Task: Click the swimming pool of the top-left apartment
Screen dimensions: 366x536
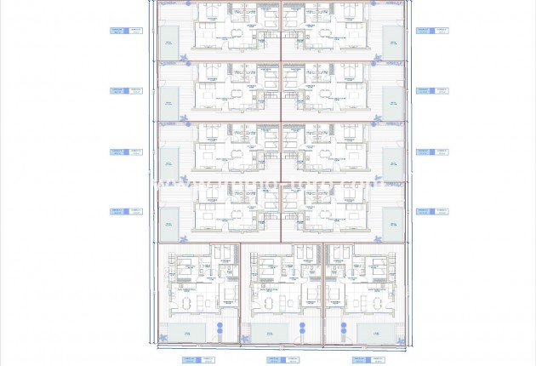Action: pos(170,43)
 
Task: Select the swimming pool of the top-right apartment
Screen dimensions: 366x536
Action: pos(392,43)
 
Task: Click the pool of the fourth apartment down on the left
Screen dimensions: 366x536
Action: pos(170,224)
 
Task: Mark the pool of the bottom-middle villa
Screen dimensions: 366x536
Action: pos(269,333)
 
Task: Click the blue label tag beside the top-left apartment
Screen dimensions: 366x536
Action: pos(127,30)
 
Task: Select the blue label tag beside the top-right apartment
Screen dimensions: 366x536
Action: pos(432,30)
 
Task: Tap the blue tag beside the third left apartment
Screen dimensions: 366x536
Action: pos(127,152)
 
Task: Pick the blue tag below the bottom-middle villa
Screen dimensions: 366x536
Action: pos(281,359)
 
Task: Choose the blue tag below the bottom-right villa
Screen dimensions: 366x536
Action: pos(361,359)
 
